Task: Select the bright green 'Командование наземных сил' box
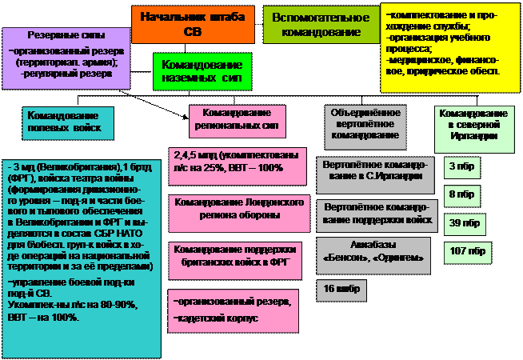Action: [x=202, y=72]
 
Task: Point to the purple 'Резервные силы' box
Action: [x=66, y=57]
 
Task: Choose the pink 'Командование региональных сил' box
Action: [x=237, y=119]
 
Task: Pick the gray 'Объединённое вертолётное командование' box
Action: [x=365, y=124]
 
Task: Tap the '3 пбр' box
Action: [x=459, y=166]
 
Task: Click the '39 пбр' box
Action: [x=462, y=222]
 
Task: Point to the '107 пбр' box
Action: [x=468, y=251]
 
